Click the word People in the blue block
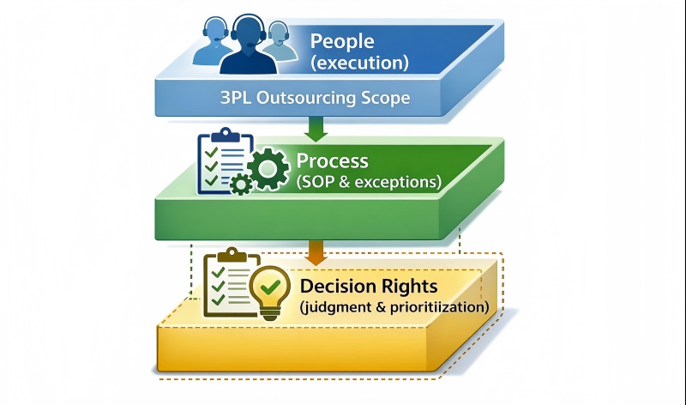342,40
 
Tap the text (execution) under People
359,63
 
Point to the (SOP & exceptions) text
369,182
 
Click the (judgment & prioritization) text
394,306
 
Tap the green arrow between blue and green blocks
315,129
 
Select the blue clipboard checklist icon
218,160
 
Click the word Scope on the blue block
388,99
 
